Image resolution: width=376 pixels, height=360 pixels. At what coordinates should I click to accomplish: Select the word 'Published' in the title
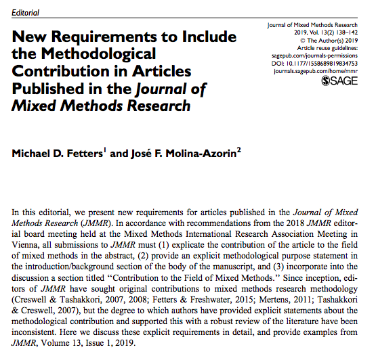(47, 89)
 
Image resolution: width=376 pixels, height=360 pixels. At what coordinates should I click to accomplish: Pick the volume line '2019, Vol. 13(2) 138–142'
(322, 32)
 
